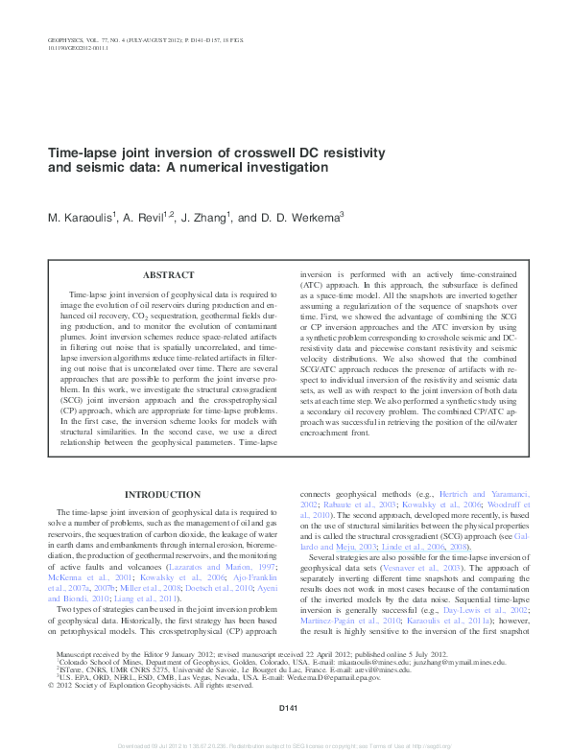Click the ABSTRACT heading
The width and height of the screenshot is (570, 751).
(167, 275)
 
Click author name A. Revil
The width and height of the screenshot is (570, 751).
(144, 218)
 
